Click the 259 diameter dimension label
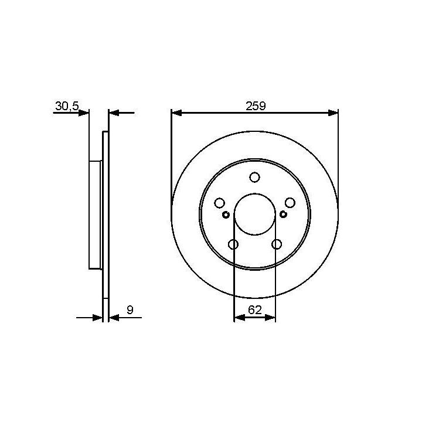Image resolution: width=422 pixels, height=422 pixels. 256,105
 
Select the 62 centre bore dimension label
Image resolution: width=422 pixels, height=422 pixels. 254,310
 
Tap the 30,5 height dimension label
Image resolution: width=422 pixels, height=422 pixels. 67,106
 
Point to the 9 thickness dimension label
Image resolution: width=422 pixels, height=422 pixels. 130,310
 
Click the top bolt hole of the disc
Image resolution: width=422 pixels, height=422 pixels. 254,177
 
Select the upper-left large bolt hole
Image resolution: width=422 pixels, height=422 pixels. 219,203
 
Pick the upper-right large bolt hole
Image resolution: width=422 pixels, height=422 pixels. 290,203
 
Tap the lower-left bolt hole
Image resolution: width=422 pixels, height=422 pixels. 233,244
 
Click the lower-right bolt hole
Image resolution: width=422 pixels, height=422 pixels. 277,244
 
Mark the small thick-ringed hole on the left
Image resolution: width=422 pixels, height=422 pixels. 226,215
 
